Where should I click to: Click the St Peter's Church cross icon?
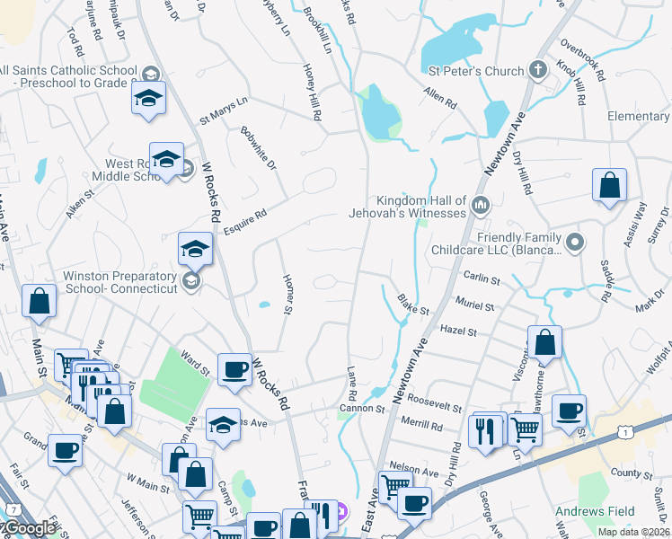(537, 70)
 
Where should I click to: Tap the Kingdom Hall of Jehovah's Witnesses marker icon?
(481, 207)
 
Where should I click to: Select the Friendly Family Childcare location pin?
(576, 242)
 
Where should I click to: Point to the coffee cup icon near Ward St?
(234, 369)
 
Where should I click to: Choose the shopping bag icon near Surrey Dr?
(609, 186)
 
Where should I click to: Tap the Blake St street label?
(414, 309)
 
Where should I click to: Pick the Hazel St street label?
(458, 331)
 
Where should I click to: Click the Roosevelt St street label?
(435, 396)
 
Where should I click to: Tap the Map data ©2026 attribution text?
(632, 532)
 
